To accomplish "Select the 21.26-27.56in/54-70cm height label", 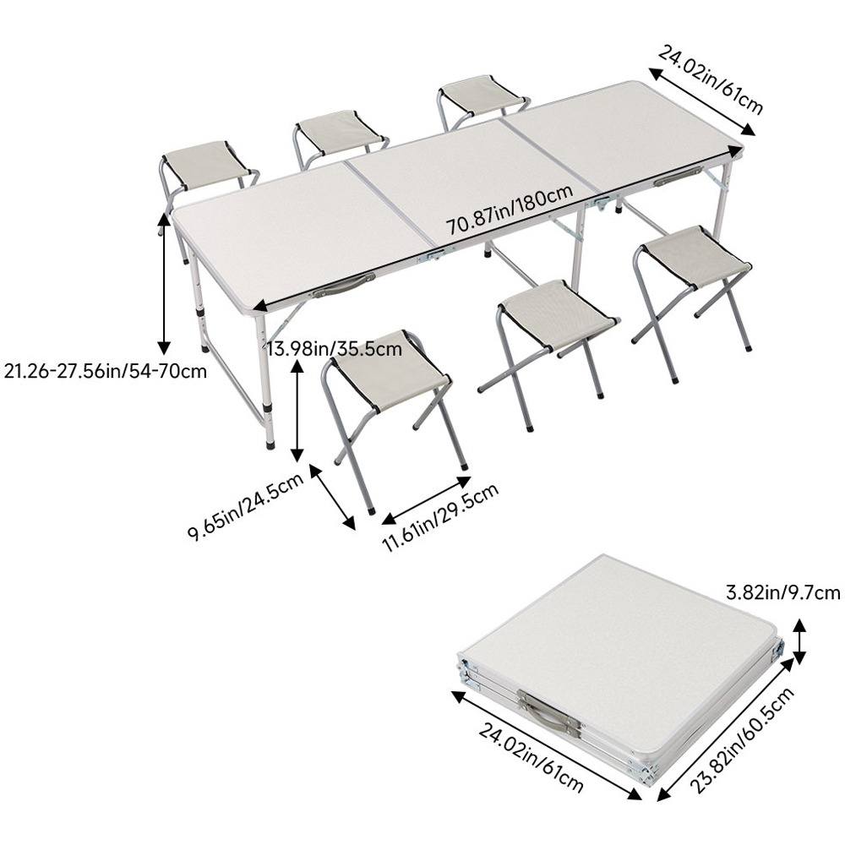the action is point(105,371).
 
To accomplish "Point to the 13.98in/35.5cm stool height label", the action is point(335,349).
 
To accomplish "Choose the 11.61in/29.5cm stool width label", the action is point(440,517).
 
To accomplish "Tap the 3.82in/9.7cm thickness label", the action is point(783,593).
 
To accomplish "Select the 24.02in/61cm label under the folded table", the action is point(532,758).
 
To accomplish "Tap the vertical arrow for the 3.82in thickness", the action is point(799,641).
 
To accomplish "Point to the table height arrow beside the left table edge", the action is point(164,282).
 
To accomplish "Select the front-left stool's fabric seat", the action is point(389,367).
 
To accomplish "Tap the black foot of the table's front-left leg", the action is point(270,444).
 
